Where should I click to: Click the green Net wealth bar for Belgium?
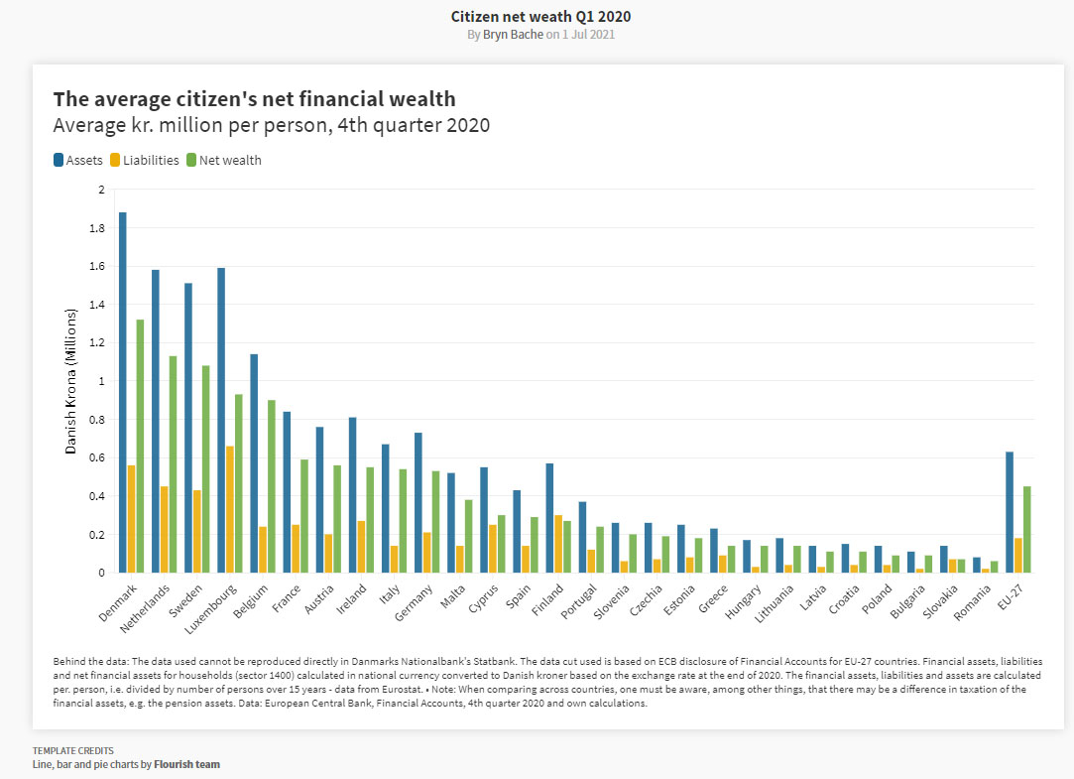(272, 486)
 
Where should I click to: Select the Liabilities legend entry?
(144, 160)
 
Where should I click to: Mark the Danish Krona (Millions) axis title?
(70, 381)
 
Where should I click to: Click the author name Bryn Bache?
(513, 35)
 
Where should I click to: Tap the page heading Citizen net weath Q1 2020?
(540, 16)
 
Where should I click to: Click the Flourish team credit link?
(186, 764)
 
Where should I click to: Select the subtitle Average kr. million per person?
(271, 125)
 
